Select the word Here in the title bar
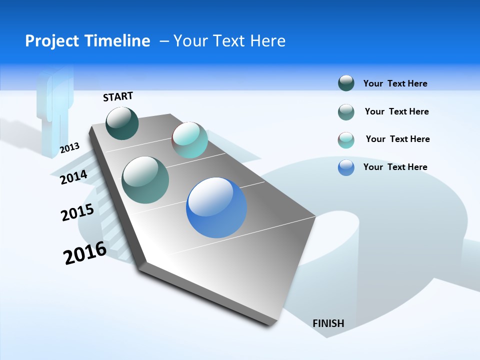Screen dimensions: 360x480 [x=267, y=41]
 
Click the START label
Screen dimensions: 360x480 [x=118, y=96]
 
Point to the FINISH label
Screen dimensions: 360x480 [x=328, y=323]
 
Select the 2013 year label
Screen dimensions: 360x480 [x=69, y=148]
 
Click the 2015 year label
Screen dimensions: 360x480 [x=77, y=212]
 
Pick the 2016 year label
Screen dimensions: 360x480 [x=85, y=253]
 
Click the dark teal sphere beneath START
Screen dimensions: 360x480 [x=122, y=123]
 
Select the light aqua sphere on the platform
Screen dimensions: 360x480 [x=189, y=139]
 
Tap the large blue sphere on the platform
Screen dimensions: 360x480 [x=216, y=207]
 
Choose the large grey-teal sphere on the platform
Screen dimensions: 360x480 [x=145, y=179]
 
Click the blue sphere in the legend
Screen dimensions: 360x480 [x=346, y=167]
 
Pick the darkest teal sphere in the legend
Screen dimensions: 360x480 [x=346, y=83]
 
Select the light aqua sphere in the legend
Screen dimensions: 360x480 [x=346, y=140]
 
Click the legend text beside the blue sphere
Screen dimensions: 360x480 [x=395, y=167]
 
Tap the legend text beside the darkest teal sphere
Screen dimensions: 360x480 [x=395, y=83]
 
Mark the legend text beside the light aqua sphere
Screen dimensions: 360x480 [x=397, y=139]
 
